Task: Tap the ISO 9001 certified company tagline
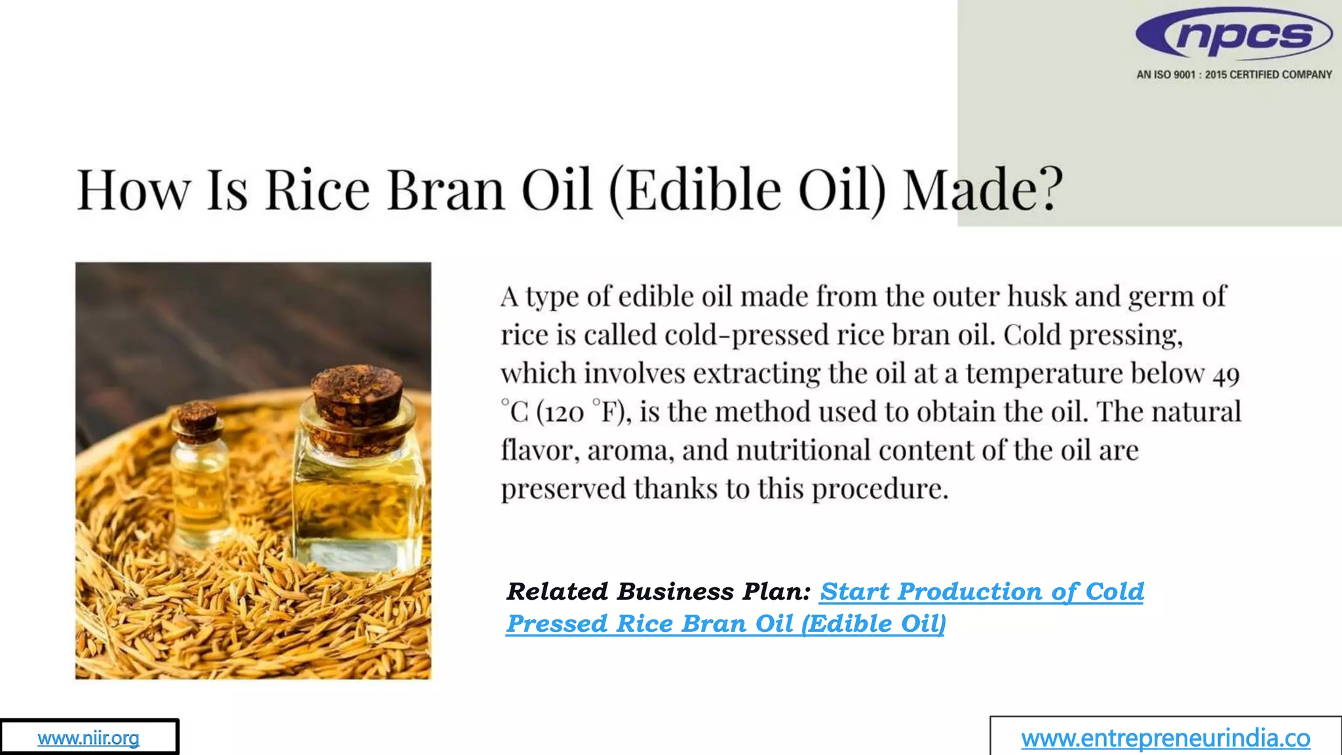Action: pyautogui.click(x=1234, y=75)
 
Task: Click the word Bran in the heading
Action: pyautogui.click(x=446, y=190)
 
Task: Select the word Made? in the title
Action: pyautogui.click(x=982, y=190)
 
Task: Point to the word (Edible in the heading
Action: pyautogui.click(x=695, y=190)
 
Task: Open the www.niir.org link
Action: pyautogui.click(x=88, y=738)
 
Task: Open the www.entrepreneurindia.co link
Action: pyautogui.click(x=1165, y=739)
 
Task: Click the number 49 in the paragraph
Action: pyautogui.click(x=1225, y=375)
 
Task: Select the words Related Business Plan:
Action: pyautogui.click(x=659, y=592)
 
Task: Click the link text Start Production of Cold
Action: pyautogui.click(x=981, y=592)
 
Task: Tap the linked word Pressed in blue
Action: pyautogui.click(x=557, y=624)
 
